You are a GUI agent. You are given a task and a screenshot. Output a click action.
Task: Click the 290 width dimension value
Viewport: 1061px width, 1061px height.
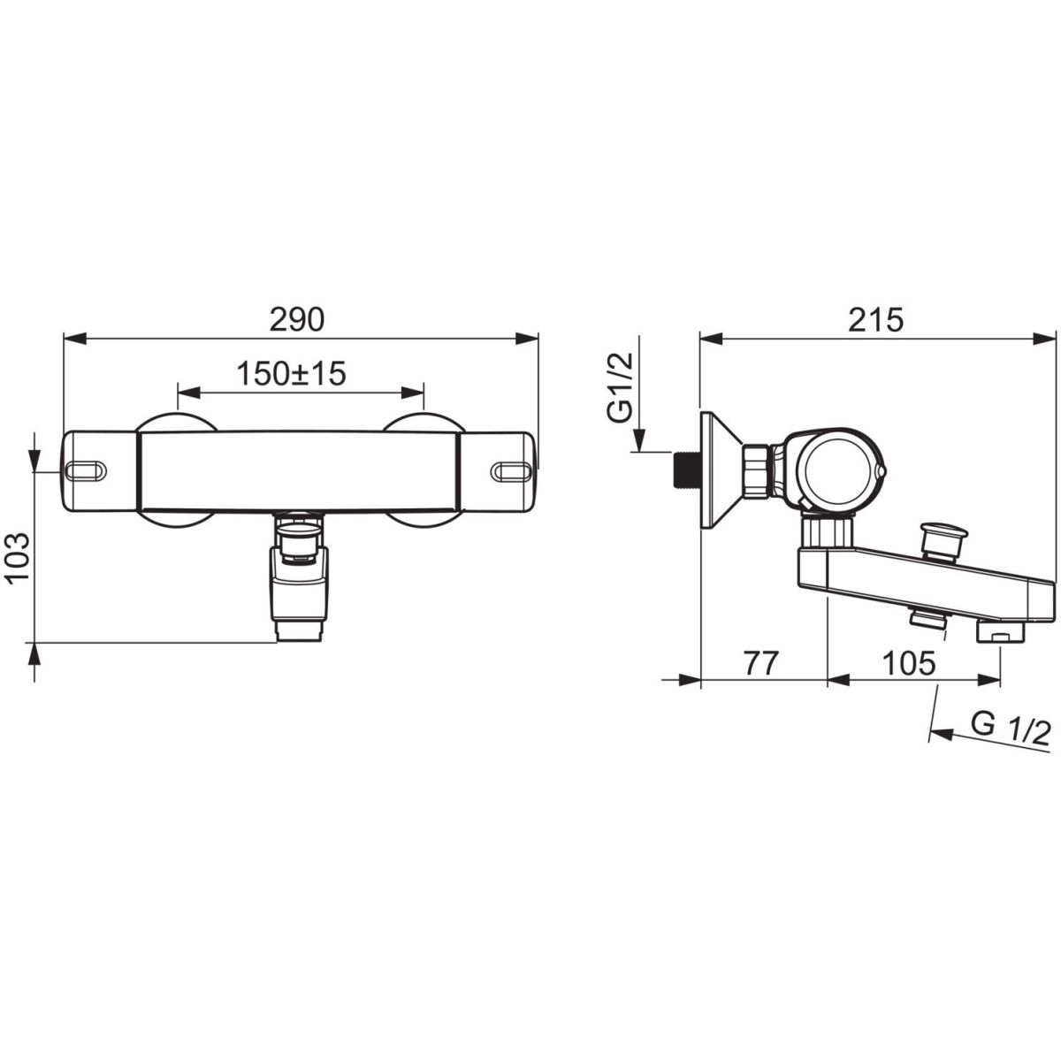coord(297,320)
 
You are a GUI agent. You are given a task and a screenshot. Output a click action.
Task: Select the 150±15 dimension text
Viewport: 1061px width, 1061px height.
coord(291,374)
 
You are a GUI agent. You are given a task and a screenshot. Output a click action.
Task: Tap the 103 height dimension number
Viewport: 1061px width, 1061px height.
coord(19,557)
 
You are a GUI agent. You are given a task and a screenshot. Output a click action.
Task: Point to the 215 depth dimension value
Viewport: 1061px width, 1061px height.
coord(875,320)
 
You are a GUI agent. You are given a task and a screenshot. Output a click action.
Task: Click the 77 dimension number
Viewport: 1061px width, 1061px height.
coord(762,663)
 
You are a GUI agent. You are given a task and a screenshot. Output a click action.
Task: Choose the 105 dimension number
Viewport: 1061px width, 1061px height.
coord(909,663)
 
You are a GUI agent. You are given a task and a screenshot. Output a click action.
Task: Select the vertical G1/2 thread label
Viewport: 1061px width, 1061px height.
coord(622,388)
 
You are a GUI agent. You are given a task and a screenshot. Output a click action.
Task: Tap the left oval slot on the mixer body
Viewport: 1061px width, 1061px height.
coord(85,471)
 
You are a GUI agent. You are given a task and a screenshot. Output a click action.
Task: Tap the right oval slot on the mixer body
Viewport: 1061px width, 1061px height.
coord(511,471)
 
